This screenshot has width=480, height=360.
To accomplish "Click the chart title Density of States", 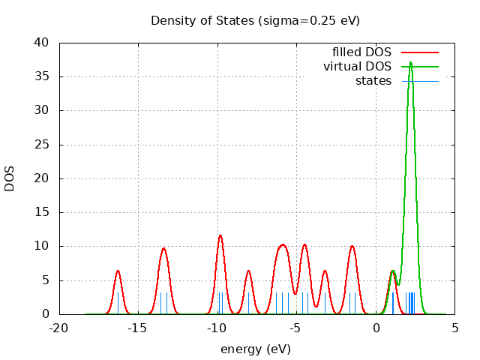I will point(255,20).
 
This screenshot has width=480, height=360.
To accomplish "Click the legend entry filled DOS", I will point(361,52).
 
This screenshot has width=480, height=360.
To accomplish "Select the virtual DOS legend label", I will point(357,67).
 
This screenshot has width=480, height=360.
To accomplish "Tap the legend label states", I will point(373,81).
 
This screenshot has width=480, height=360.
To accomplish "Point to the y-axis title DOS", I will point(10,178).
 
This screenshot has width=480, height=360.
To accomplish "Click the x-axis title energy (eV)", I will point(255,349).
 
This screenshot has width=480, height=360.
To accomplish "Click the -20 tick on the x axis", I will point(58,328).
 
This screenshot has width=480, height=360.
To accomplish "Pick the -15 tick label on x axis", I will point(137,328).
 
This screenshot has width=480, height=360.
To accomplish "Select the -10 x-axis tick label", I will point(217,328).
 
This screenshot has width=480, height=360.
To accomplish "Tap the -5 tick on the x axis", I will point(295,328).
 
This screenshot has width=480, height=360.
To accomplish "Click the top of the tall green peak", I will point(410,62).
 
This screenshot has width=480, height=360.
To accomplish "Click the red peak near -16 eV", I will point(118,271).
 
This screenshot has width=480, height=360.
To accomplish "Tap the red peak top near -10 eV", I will point(220,235).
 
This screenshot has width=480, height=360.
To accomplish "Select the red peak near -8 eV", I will point(248,271).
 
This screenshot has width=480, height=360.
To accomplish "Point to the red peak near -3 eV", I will point(325,271).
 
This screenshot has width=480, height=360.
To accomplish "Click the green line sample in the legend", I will point(419,67).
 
